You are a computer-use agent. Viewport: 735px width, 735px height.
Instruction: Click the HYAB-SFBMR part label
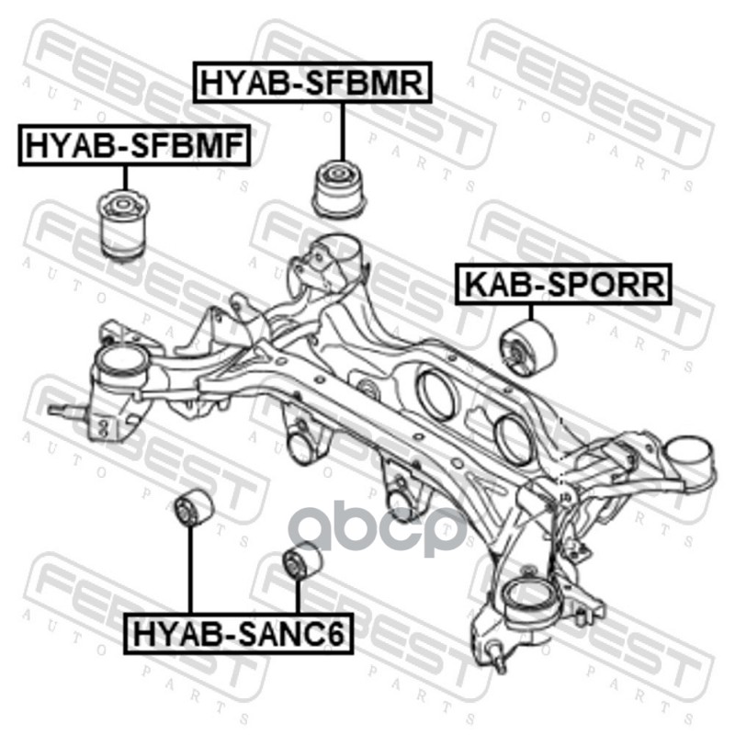click(312, 82)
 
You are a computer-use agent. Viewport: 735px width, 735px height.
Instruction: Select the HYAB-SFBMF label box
click(134, 145)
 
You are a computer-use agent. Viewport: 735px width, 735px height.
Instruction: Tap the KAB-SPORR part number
click(563, 284)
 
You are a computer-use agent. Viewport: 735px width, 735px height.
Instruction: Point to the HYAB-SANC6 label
click(238, 633)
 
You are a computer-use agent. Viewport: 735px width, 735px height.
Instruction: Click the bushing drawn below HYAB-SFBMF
click(124, 224)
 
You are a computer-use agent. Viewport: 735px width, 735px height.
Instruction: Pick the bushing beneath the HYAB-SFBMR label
click(339, 189)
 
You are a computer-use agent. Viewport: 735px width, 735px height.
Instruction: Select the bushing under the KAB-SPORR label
click(529, 347)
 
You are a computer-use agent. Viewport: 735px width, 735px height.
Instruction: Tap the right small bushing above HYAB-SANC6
click(303, 560)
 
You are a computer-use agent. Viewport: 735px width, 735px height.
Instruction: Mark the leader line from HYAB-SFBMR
click(343, 131)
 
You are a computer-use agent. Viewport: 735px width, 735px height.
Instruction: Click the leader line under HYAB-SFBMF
click(125, 177)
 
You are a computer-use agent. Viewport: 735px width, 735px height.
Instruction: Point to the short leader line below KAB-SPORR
click(531, 312)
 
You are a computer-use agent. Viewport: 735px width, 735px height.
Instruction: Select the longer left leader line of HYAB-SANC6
click(190, 569)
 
